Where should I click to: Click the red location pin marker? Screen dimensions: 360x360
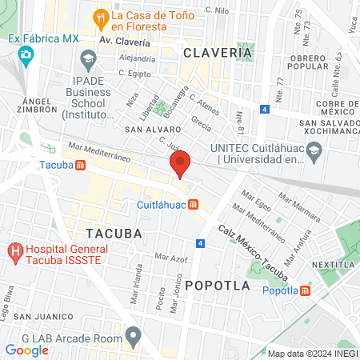pos(180,164)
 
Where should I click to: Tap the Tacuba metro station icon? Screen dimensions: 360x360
pos(80,166)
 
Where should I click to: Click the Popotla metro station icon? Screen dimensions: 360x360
pos(306,290)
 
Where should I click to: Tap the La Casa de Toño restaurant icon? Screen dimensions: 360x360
pos(101,16)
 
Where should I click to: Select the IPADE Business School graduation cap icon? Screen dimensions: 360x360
pos(88,58)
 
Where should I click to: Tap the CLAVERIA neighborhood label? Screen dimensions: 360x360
pos(218,53)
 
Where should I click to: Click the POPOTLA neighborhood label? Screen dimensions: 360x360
pos(217,285)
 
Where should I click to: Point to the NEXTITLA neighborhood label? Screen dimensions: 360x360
pos(333,263)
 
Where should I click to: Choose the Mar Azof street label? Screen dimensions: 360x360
pos(170,258)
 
